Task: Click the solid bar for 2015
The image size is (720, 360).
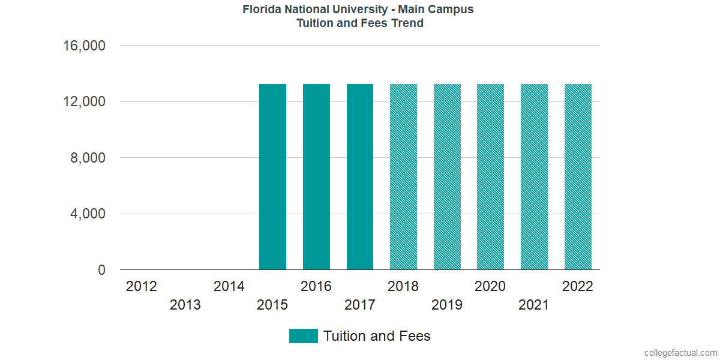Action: [x=272, y=177]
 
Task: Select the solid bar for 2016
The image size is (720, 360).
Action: [x=316, y=177]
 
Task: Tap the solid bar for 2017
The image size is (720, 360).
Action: [x=360, y=177]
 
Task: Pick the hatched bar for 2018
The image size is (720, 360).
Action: [x=403, y=177]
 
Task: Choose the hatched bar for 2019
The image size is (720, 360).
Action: [x=447, y=177]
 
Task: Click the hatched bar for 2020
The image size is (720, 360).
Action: [x=490, y=177]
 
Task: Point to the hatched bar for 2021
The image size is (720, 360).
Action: [x=534, y=177]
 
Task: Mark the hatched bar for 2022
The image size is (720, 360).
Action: [x=578, y=177]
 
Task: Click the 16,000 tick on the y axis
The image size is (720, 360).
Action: [x=84, y=46]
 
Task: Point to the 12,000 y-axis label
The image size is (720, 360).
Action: [x=84, y=102]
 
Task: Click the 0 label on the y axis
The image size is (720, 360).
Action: [x=101, y=271]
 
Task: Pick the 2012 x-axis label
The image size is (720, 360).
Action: [x=142, y=286]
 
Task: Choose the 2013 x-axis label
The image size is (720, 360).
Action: [x=185, y=305]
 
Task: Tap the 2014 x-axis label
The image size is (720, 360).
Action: [x=229, y=286]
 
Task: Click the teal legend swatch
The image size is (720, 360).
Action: [x=303, y=336]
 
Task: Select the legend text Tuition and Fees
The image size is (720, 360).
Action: [x=377, y=336]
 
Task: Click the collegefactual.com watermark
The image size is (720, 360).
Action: [x=680, y=353]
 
